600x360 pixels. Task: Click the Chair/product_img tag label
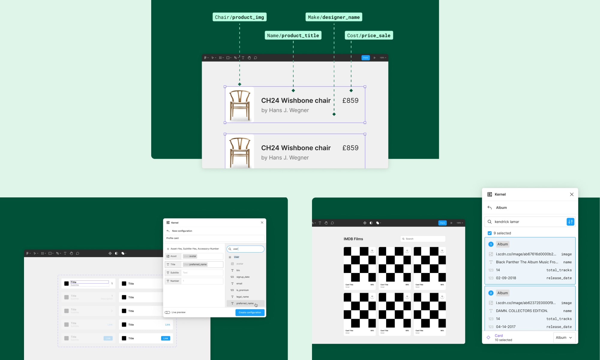239,17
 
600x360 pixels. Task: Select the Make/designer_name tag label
334,17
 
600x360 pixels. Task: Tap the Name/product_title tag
293,35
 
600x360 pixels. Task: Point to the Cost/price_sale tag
369,35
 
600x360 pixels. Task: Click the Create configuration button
250,312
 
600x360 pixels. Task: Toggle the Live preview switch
167,312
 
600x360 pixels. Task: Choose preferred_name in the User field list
245,303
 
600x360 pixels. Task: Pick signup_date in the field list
243,277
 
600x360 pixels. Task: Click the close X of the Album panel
571,194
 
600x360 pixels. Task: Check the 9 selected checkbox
490,233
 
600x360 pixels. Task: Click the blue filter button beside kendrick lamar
570,222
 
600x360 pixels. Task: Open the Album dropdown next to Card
564,337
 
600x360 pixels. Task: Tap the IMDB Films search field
423,239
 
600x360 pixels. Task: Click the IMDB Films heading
353,239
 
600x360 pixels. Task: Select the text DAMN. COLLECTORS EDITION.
522,311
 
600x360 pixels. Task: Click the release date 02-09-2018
506,278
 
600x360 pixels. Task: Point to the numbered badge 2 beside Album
491,293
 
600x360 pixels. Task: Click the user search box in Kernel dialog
246,249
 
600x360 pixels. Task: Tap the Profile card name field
214,238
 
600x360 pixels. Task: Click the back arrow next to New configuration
168,231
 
